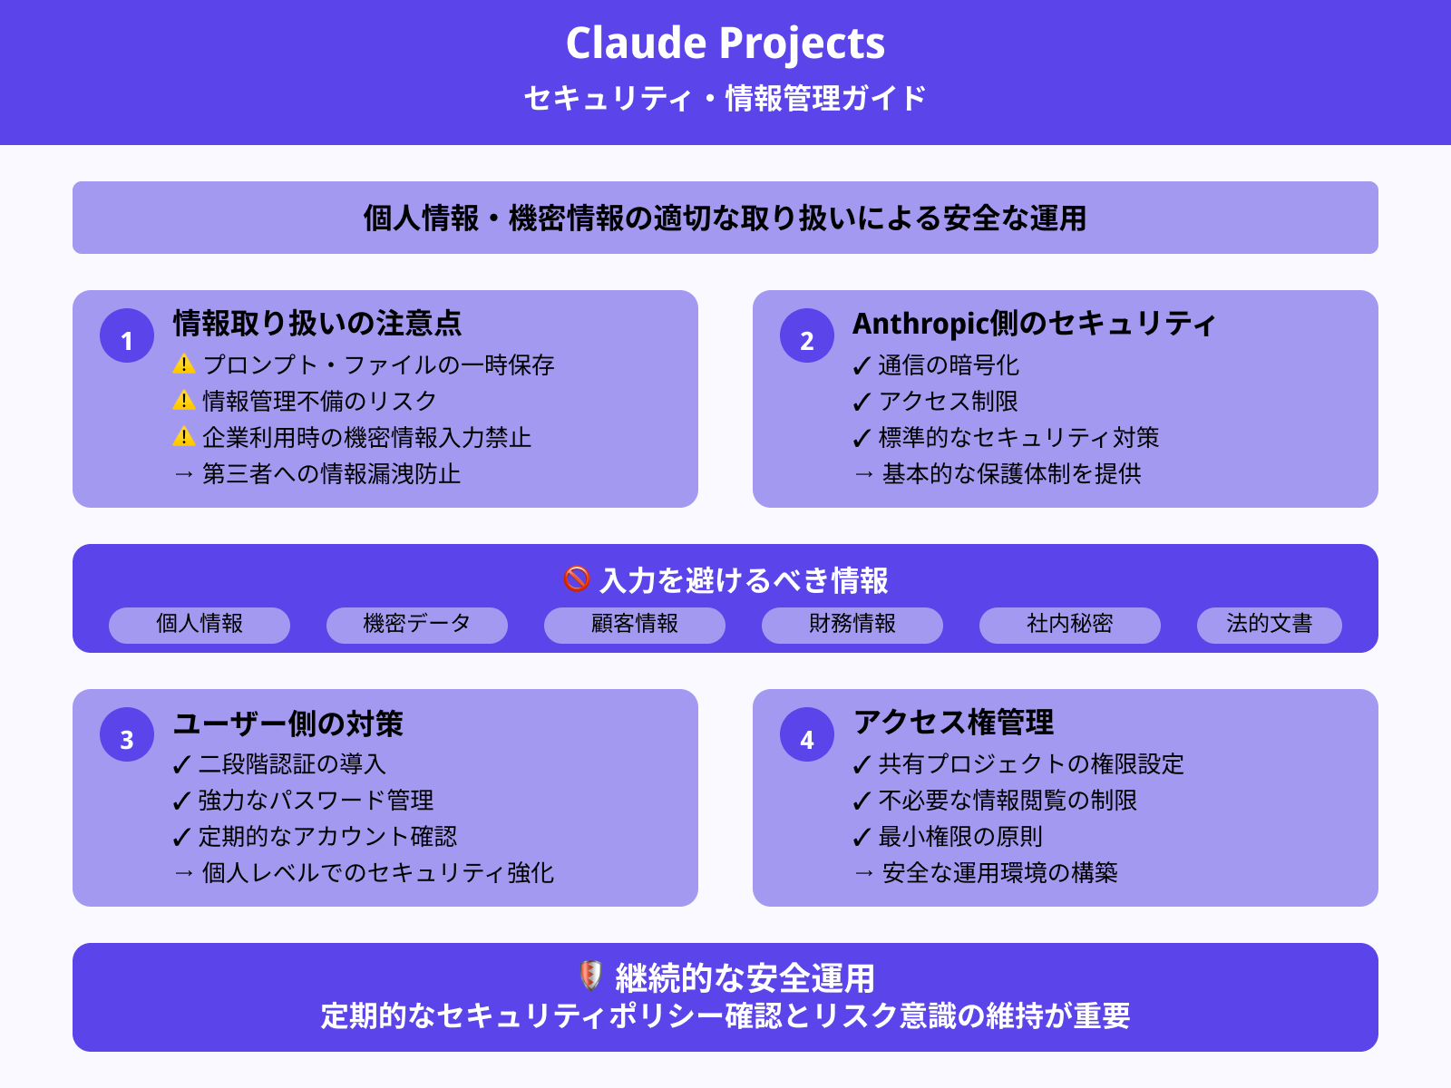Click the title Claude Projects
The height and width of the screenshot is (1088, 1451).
pos(725,44)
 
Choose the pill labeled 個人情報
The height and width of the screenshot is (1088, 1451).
pos(200,625)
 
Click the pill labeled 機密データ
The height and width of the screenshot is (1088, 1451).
pos(417,625)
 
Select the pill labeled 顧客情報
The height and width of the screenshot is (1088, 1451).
pos(635,625)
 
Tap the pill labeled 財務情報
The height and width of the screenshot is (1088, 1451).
pos(852,625)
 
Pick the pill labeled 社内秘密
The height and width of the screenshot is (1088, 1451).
pos(1070,625)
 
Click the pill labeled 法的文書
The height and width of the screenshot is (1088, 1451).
pos(1269,625)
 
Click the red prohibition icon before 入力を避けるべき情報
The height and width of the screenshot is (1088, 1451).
pos(577,578)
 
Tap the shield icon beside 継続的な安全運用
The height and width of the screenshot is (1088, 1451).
pos(590,976)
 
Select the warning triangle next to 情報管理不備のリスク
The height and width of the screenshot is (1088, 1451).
pos(184,400)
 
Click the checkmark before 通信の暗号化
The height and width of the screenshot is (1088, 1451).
pos(862,366)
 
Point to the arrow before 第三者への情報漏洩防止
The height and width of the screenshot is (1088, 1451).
pos(184,474)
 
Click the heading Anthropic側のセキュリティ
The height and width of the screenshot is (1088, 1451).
pos(1034,324)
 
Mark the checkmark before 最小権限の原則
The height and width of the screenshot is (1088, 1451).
pos(862,838)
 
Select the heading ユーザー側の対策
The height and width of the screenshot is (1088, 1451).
pos(288,724)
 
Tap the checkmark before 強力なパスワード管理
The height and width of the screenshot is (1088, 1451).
pos(181,801)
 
